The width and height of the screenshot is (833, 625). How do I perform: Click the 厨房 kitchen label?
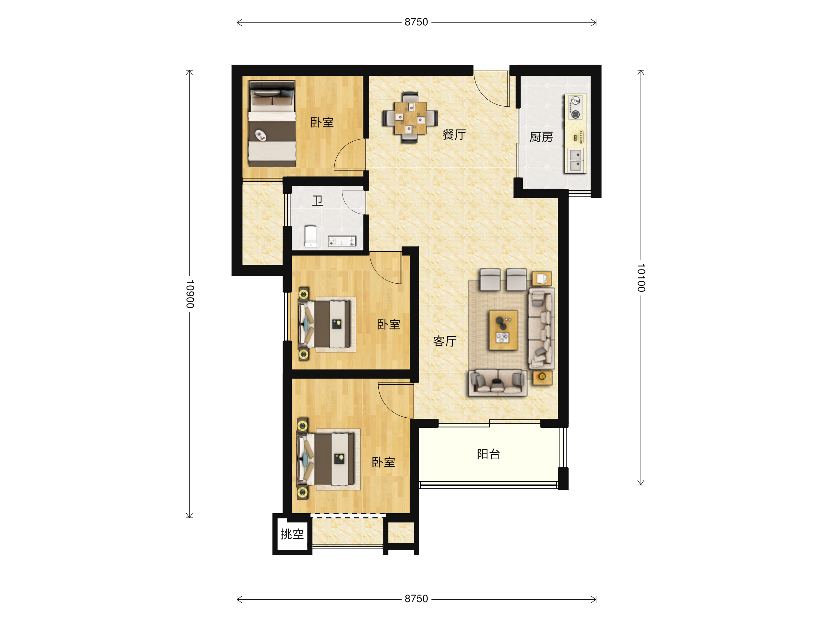pos(541,137)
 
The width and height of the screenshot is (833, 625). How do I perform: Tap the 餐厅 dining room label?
pos(454,134)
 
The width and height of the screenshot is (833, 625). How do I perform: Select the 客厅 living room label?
pos(445,341)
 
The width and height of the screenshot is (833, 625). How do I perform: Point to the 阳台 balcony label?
pos(488,454)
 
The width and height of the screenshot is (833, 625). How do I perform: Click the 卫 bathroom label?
pos(318,201)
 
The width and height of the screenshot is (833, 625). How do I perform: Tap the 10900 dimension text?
pos(190,294)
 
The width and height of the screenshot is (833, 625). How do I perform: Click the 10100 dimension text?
pos(641,278)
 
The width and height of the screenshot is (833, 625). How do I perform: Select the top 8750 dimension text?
pos(416,22)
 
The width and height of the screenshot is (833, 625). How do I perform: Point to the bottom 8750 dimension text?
pos(416,599)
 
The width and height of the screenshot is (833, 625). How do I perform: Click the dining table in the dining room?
pos(411,118)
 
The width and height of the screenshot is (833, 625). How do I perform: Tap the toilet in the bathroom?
pos(311,236)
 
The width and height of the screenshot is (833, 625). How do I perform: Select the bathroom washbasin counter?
pos(342,241)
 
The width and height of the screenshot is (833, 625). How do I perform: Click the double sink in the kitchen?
pos(575,160)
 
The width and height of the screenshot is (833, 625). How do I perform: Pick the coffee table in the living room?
pos(503,330)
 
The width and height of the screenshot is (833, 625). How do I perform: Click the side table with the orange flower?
pos(542,377)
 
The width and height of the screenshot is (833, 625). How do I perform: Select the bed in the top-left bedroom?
pos(272,124)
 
